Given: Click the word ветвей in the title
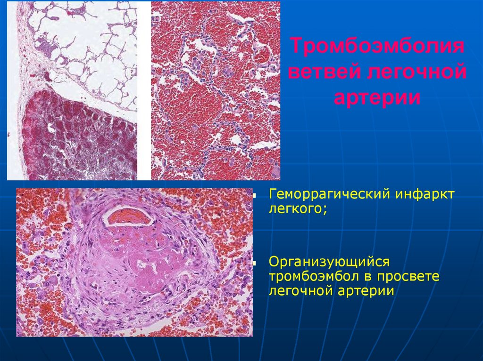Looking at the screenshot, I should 325,73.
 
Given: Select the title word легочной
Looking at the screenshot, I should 416,73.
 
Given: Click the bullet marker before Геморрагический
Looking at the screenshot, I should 254,194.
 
